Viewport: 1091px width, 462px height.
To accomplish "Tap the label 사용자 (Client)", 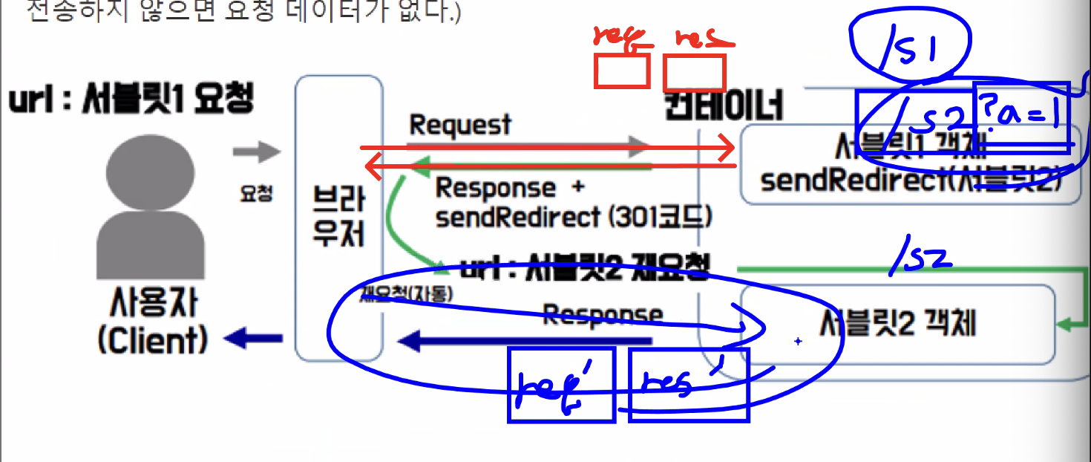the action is pos(152,323).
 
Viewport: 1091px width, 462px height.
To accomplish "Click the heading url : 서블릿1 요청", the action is pos(131,98).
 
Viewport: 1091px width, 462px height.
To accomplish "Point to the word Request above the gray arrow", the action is pos(460,125).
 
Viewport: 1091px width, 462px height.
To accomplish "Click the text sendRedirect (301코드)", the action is pos(574,217).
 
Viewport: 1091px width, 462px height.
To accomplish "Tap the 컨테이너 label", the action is pos(724,106).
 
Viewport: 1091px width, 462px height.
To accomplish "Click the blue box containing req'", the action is pos(561,385).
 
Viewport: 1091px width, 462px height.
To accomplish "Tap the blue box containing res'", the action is pos(688,385).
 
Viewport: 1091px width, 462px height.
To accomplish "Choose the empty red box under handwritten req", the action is pos(622,71).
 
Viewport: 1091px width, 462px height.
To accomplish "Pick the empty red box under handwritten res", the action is pos(694,74).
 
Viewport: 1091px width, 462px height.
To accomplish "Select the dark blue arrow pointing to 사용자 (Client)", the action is pos(252,339).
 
